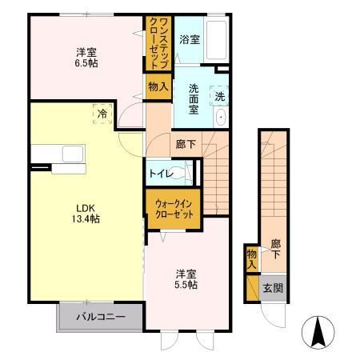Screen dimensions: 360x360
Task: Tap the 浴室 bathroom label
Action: tap(190, 39)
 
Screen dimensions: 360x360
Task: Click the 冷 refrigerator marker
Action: tap(102, 114)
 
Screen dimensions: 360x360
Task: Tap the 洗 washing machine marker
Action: tap(221, 96)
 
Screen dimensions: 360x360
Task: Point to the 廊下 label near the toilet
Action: tap(182, 145)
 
